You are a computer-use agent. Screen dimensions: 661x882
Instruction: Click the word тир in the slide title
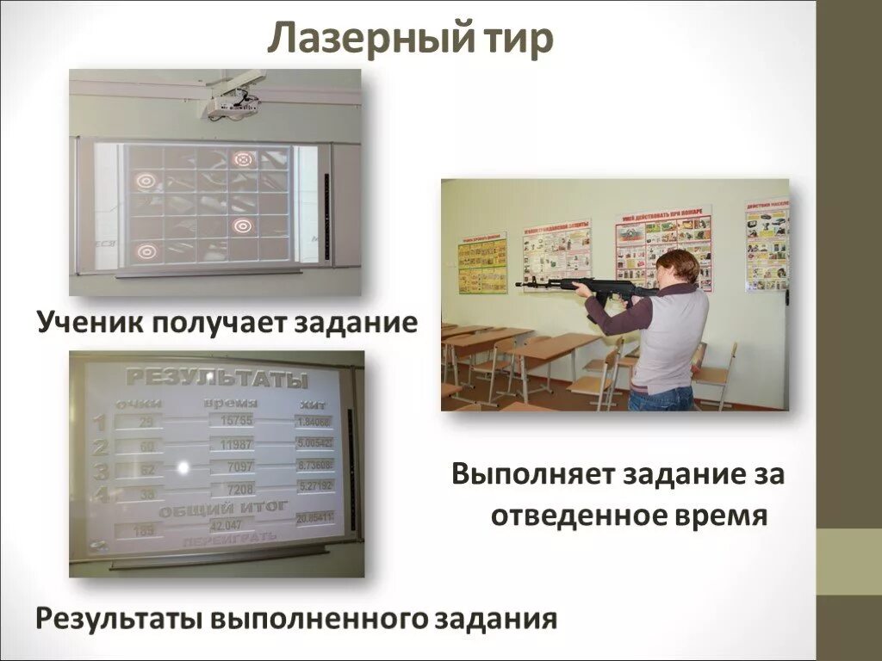pyautogui.click(x=516, y=40)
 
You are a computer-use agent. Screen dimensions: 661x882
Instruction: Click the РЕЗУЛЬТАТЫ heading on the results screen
pyautogui.click(x=217, y=378)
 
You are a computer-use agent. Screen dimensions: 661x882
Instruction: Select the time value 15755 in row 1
pyautogui.click(x=237, y=420)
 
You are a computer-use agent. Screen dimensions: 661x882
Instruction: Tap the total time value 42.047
pyautogui.click(x=227, y=524)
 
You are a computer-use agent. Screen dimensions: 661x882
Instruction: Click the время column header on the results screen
pyautogui.click(x=231, y=402)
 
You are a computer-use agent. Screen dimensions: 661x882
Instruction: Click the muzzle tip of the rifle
pyautogui.click(x=519, y=284)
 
